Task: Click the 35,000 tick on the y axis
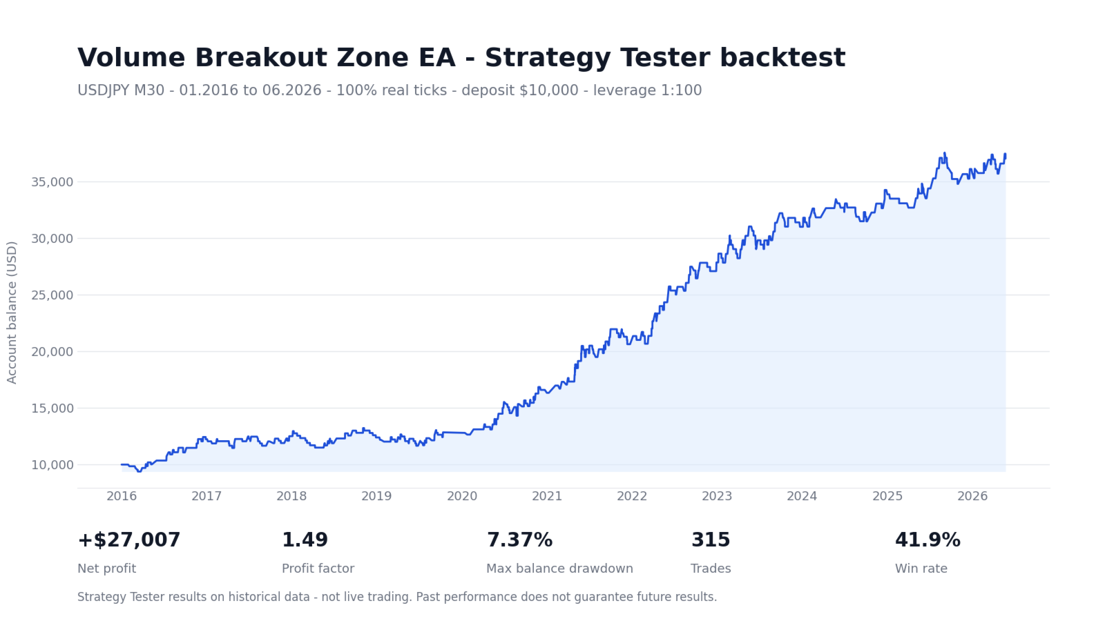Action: pos(52,182)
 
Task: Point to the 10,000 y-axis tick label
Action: pos(52,465)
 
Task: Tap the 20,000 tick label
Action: pos(52,351)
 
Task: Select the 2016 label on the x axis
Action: pos(122,496)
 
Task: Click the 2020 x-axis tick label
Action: pos(462,496)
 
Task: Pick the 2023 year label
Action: pos(718,496)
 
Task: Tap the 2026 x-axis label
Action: pos(973,496)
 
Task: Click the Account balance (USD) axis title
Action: pos(12,313)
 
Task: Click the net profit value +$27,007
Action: pos(129,540)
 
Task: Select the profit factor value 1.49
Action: pos(305,540)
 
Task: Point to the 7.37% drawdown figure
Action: pos(519,540)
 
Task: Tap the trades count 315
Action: pos(711,540)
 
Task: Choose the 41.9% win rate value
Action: pos(928,540)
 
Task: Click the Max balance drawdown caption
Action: pos(560,569)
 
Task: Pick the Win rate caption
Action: pos(921,569)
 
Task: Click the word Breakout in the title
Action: pos(302,58)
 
